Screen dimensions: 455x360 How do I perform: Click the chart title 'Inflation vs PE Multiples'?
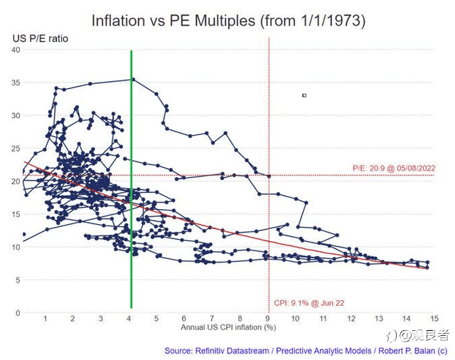click(x=173, y=21)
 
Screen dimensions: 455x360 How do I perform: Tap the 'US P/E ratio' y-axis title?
click(x=41, y=38)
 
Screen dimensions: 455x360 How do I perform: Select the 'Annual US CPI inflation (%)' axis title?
click(x=228, y=327)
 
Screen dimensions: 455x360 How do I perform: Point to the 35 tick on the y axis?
click(x=16, y=83)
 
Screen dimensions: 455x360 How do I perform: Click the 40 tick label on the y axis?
click(x=16, y=50)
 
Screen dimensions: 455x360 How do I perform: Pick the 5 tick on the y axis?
click(x=18, y=280)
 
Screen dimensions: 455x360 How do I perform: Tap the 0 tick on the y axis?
click(x=18, y=313)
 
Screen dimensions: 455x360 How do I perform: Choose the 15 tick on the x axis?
click(x=434, y=319)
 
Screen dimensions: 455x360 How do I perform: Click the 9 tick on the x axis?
click(x=267, y=319)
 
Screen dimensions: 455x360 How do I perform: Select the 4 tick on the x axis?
click(x=129, y=319)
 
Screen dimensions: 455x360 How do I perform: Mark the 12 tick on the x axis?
click(x=351, y=319)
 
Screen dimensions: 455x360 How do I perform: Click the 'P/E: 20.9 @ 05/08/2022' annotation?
click(x=394, y=168)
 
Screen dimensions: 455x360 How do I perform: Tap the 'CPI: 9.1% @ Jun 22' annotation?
click(x=309, y=303)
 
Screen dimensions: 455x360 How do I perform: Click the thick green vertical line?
click(x=132, y=179)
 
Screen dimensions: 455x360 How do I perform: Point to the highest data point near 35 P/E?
click(x=133, y=79)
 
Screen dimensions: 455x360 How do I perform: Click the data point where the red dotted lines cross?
click(x=269, y=176)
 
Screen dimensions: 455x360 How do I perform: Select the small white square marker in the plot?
click(x=304, y=95)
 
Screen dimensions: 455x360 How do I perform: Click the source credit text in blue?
click(x=306, y=351)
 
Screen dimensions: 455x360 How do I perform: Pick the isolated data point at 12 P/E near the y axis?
click(x=23, y=234)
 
